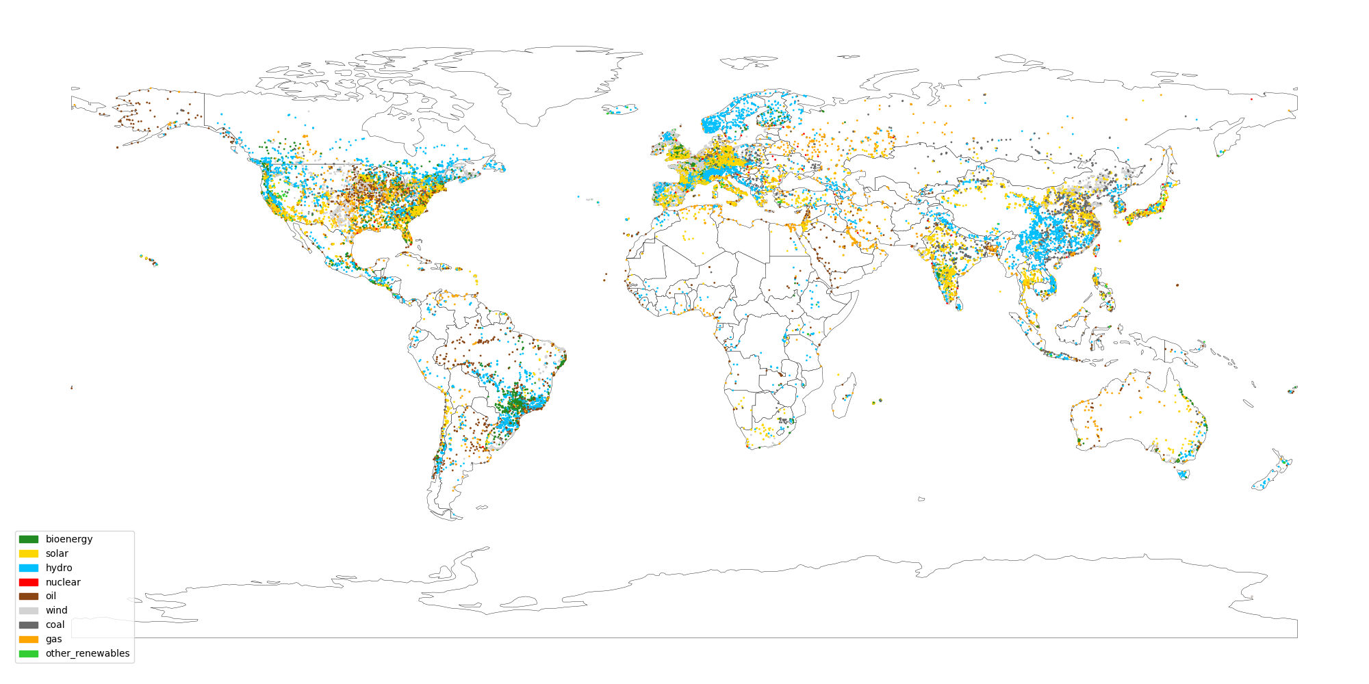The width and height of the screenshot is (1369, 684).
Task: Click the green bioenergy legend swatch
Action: click(28, 539)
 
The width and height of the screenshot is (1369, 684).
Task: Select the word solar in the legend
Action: click(57, 553)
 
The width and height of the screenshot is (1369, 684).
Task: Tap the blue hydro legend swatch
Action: click(28, 568)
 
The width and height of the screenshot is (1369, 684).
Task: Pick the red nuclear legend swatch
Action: click(28, 582)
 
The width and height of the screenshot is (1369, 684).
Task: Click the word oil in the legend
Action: click(51, 596)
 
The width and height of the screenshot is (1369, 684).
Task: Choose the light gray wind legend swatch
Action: click(28, 610)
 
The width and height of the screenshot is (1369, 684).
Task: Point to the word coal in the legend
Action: click(55, 624)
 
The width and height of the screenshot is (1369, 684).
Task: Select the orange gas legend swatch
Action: click(28, 639)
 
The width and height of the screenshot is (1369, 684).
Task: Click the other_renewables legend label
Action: click(87, 653)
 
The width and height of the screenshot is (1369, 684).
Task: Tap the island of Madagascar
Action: click(844, 397)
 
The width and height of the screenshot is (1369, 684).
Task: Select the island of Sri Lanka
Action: click(958, 303)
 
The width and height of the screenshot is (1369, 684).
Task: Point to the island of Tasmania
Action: click(1183, 473)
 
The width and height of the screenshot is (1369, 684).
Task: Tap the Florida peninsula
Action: click(409, 236)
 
